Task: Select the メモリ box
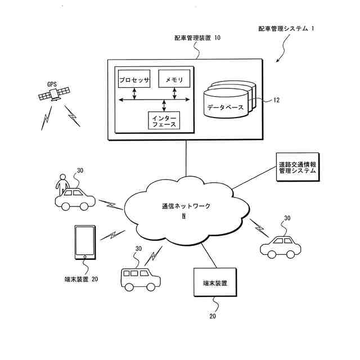pyautogui.click(x=174, y=80)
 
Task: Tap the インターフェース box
pyautogui.click(x=164, y=120)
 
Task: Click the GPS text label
pyautogui.click(x=52, y=84)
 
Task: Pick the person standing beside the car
pyautogui.click(x=61, y=183)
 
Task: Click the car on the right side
pyautogui.click(x=281, y=246)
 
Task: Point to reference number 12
pyautogui.click(x=276, y=101)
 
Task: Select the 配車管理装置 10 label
pyautogui.click(x=197, y=38)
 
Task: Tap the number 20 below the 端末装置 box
pyautogui.click(x=213, y=316)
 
